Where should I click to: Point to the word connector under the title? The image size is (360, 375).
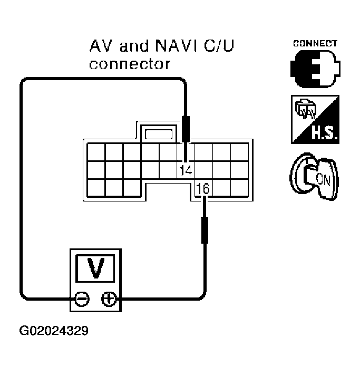(130, 65)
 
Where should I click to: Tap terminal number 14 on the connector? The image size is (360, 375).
(184, 170)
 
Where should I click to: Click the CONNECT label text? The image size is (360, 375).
(315, 43)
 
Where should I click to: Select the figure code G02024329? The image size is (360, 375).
(54, 332)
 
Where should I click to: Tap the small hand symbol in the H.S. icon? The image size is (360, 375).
(303, 110)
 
